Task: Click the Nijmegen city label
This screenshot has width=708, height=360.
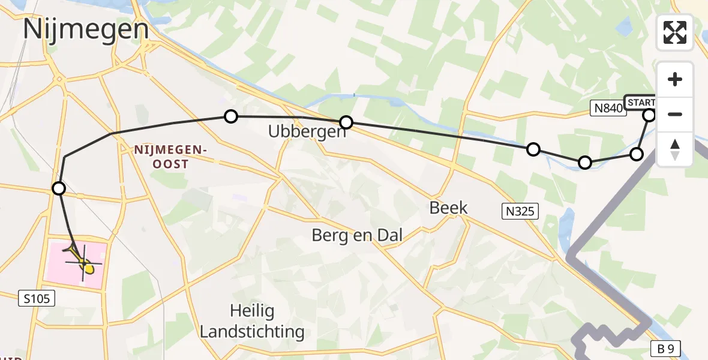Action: pos(86,29)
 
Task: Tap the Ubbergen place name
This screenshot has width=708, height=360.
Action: pos(308,131)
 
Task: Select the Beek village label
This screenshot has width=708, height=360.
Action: pos(448,208)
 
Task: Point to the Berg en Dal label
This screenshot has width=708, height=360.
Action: pos(357,235)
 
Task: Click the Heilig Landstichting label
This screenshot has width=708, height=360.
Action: pos(252,321)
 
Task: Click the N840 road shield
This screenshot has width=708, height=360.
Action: pos(607,108)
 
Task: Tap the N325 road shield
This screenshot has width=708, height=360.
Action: pos(520,211)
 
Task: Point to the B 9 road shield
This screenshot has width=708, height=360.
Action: pos(669,349)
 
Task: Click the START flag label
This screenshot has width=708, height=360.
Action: pos(641,102)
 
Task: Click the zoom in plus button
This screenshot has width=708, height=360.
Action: pos(675,79)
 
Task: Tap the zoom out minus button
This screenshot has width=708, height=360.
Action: pos(675,114)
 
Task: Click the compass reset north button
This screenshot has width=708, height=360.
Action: pos(675,149)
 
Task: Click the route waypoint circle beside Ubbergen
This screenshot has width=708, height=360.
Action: pos(346,123)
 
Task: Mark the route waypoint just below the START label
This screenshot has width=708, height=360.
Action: pos(649,115)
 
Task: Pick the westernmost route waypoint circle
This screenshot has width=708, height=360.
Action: pos(59,189)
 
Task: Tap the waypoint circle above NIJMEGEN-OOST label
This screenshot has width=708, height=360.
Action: pos(231,116)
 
